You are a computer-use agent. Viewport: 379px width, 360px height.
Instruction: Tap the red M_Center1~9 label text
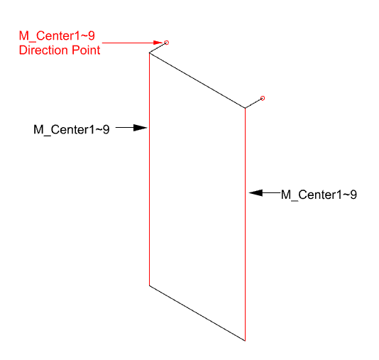pyautogui.click(x=57, y=36)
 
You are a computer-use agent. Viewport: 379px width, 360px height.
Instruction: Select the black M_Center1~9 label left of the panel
pyautogui.click(x=72, y=130)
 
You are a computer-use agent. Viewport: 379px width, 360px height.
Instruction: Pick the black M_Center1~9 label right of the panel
pyautogui.click(x=319, y=195)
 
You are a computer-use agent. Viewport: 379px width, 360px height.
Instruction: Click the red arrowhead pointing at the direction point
pyautogui.click(x=158, y=43)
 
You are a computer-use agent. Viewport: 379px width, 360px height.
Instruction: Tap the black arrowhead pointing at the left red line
pyautogui.click(x=141, y=127)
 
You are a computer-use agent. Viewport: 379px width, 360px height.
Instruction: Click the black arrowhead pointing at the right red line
pyautogui.click(x=256, y=192)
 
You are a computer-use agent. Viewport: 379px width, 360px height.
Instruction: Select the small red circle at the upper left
pyautogui.click(x=167, y=43)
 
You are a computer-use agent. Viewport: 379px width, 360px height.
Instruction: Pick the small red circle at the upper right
pyautogui.click(x=263, y=98)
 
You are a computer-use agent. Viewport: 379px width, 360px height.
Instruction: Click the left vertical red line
pyautogui.click(x=149, y=169)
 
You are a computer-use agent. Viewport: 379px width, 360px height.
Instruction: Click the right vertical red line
pyautogui.click(x=245, y=224)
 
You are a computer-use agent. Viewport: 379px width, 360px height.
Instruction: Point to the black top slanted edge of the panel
pyautogui.click(x=197, y=80)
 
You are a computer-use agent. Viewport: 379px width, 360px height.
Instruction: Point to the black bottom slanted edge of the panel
pyautogui.click(x=197, y=313)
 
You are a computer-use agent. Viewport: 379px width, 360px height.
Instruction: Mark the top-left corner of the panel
pyautogui.click(x=149, y=53)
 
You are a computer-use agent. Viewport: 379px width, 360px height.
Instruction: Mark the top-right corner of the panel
pyautogui.click(x=245, y=108)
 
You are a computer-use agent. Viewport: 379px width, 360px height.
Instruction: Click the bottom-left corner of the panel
pyautogui.click(x=149, y=285)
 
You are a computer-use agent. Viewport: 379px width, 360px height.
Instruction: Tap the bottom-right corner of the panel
pyautogui.click(x=245, y=341)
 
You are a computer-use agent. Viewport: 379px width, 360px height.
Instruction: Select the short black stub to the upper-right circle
pyautogui.click(x=253, y=104)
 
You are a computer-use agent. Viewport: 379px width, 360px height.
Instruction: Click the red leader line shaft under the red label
pyautogui.click(x=128, y=43)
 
